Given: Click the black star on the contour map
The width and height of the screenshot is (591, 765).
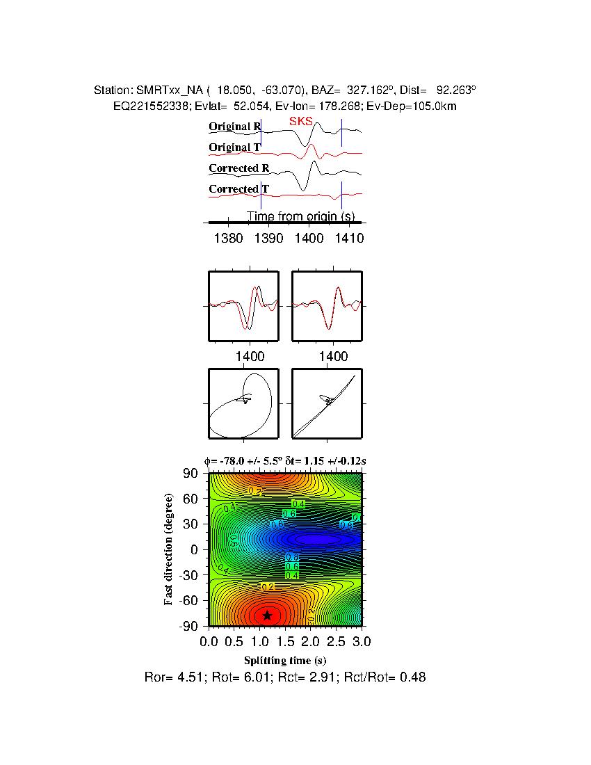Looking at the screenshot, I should tap(267, 615).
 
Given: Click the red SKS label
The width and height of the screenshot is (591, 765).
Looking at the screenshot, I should tap(300, 122).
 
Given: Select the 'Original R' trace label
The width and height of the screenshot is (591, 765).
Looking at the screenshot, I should tap(235, 127).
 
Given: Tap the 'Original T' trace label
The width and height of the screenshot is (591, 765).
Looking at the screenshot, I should tap(234, 147).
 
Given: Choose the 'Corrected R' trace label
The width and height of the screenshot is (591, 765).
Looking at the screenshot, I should tap(238, 168).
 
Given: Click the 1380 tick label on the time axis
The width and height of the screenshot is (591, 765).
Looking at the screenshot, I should tap(229, 238).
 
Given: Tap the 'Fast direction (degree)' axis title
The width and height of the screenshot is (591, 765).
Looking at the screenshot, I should tap(169, 549).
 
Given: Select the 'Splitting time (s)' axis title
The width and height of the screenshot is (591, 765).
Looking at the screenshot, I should tap(285, 660).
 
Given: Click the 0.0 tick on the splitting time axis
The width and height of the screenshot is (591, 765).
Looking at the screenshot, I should tap(209, 640).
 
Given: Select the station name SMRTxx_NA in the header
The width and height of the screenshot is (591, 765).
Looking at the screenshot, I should tap(170, 90).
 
